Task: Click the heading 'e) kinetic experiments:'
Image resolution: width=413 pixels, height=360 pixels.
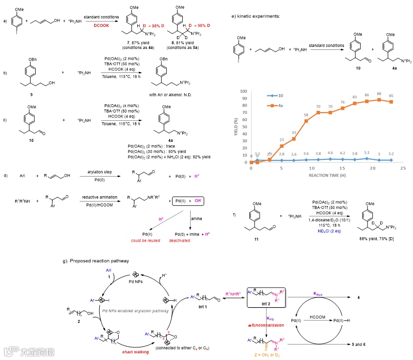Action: pyautogui.click(x=256, y=16)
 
